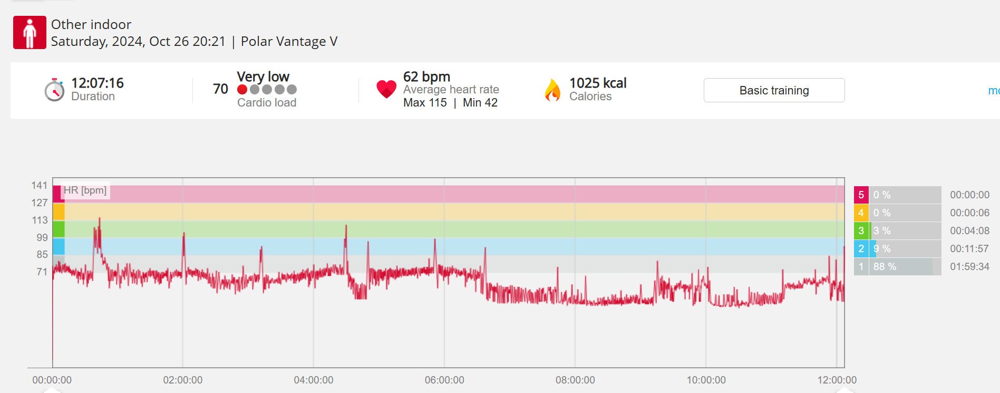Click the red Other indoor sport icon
click(30, 32)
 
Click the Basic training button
click(774, 90)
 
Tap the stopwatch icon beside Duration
click(54, 90)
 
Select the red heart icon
click(386, 89)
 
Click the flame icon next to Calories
click(552, 90)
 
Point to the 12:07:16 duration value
click(98, 83)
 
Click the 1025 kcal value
click(598, 83)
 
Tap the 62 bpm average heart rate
click(426, 76)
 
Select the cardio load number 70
click(220, 89)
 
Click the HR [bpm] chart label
click(85, 190)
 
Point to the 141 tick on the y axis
click(40, 185)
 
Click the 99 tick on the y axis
click(42, 237)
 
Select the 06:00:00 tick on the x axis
click(444, 380)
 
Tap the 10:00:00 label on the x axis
click(706, 380)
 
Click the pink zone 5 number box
click(861, 195)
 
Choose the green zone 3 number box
click(861, 231)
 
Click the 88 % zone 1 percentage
click(885, 266)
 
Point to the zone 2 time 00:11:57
click(969, 248)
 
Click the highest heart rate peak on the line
click(99, 219)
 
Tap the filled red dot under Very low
click(242, 90)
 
